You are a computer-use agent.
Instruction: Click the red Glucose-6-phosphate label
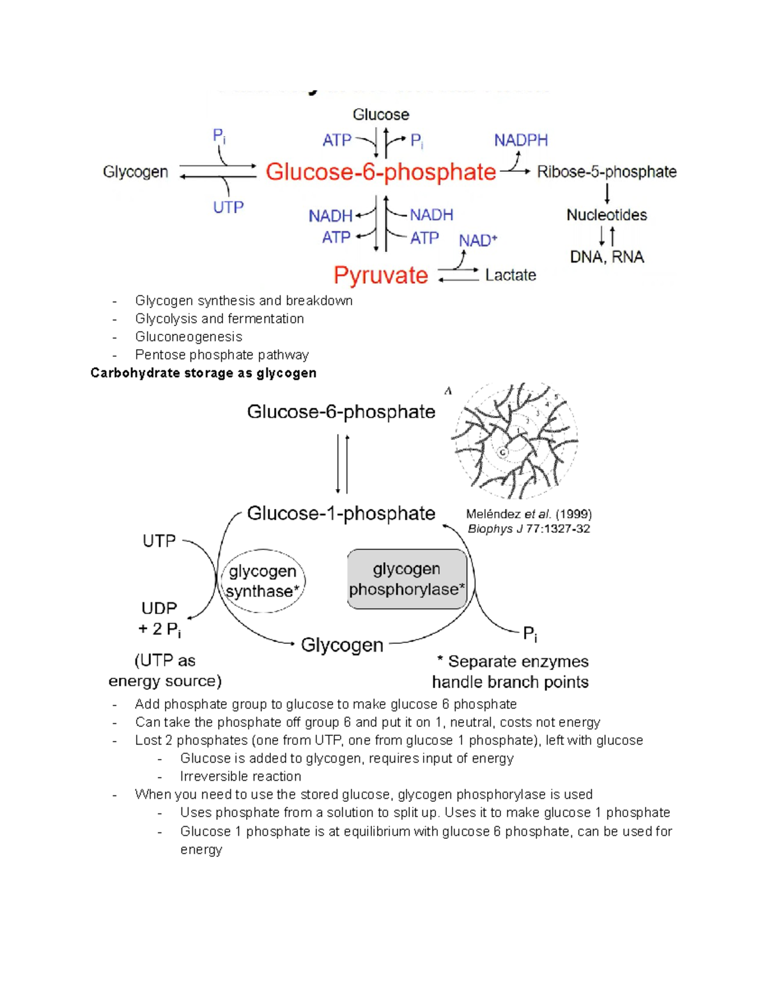[x=380, y=172]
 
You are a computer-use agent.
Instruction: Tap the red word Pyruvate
[x=380, y=276]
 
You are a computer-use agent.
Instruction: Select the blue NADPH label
[x=521, y=140]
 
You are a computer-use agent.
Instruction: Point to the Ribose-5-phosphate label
[x=607, y=172]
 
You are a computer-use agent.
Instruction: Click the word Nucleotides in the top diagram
[x=607, y=215]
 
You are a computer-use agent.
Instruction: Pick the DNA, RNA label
[x=607, y=257]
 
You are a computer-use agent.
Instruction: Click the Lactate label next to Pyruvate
[x=510, y=276]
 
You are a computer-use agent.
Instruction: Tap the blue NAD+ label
[x=477, y=241]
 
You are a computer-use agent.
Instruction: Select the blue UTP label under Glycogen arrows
[x=228, y=208]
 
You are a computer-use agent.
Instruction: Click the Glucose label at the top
[x=381, y=115]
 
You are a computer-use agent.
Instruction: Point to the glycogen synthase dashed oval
[x=263, y=581]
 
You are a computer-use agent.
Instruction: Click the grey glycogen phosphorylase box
[x=407, y=579]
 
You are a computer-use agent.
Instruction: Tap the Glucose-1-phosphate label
[x=341, y=513]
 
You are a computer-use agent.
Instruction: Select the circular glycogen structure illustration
[x=515, y=441]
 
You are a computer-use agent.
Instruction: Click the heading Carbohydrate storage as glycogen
[x=203, y=373]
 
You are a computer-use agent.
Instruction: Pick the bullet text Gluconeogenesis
[x=189, y=337]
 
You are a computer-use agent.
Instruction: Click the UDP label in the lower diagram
[x=159, y=608]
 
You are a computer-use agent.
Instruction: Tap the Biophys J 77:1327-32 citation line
[x=529, y=529]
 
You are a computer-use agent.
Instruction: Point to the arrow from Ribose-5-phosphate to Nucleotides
[x=607, y=193]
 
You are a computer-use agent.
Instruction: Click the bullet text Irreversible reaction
[x=240, y=776]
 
